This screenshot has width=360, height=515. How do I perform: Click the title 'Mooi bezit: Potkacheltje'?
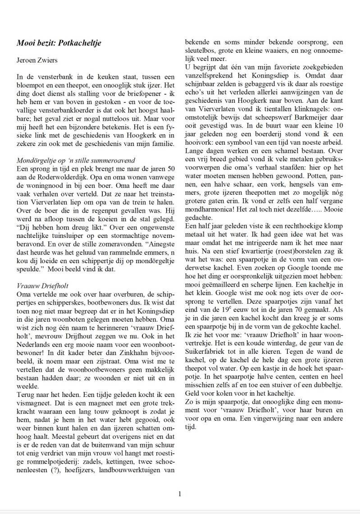59,43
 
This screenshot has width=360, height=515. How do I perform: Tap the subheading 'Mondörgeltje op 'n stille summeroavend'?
75,160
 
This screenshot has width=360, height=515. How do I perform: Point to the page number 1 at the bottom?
180,493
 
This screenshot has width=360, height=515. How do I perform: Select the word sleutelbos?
201,49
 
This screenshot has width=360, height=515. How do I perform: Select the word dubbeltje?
328,385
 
